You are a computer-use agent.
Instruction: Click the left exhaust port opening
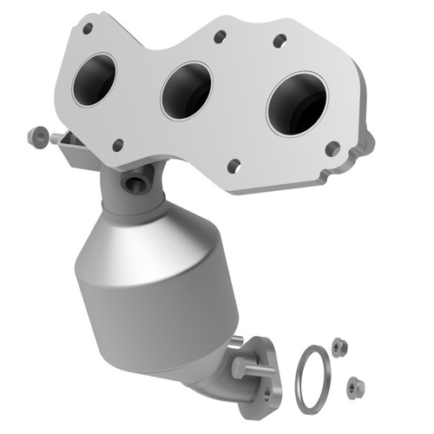click(94, 80)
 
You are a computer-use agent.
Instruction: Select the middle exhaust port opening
click(185, 90)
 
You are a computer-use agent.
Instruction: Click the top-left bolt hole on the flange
click(87, 29)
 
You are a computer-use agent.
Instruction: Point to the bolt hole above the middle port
click(220, 36)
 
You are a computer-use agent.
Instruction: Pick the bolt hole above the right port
click(279, 41)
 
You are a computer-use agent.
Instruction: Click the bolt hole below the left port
click(117, 144)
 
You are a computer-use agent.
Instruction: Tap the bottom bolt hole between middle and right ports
click(233, 165)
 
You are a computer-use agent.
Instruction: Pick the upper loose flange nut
click(339, 345)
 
